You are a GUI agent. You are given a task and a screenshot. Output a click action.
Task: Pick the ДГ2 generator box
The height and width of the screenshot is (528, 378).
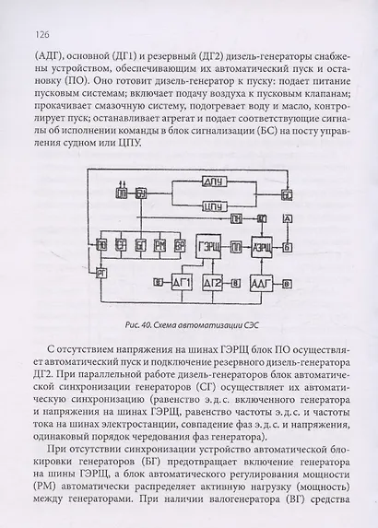(214, 281)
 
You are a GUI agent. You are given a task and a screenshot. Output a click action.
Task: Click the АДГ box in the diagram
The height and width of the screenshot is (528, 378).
(262, 281)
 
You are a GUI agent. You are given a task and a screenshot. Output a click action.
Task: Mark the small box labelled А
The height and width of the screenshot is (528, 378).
(289, 217)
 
